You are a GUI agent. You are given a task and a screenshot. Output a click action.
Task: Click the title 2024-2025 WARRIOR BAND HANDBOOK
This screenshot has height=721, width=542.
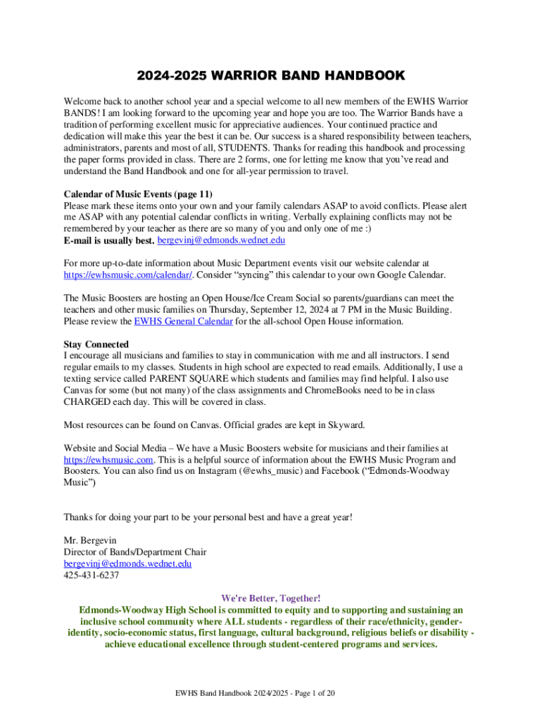(271, 75)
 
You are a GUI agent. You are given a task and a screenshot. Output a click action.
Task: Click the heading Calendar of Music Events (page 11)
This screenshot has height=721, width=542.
(138, 194)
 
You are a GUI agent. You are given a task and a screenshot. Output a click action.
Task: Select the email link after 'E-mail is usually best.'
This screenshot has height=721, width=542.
(221, 241)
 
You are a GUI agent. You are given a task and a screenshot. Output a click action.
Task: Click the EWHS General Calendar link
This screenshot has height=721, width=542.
(183, 321)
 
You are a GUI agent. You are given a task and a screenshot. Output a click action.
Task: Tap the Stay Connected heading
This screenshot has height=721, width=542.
(96, 344)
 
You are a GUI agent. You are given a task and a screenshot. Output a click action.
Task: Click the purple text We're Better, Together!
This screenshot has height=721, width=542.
(271, 598)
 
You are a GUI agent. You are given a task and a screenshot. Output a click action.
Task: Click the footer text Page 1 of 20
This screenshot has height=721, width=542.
(305, 694)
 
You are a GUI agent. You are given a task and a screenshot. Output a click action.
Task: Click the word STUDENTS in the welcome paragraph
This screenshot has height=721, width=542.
(243, 148)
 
